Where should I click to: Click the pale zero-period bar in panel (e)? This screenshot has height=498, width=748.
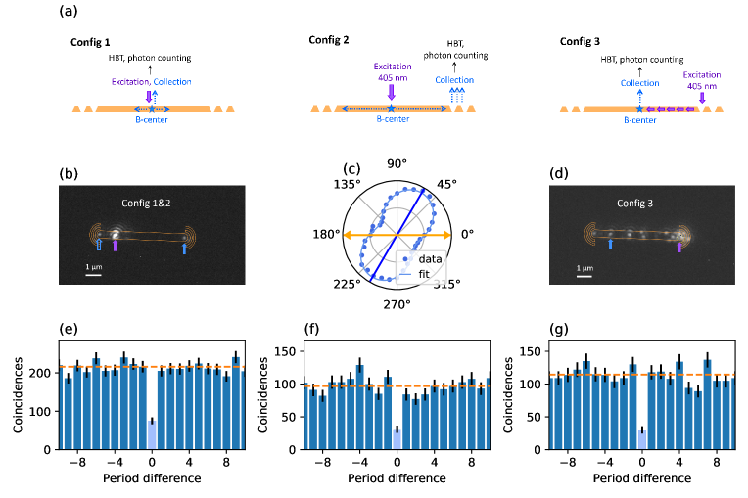pyautogui.click(x=152, y=434)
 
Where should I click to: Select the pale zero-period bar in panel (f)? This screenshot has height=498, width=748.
pyautogui.click(x=396, y=438)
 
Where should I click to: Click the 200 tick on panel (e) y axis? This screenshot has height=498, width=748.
pyautogui.click(x=46, y=374)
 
